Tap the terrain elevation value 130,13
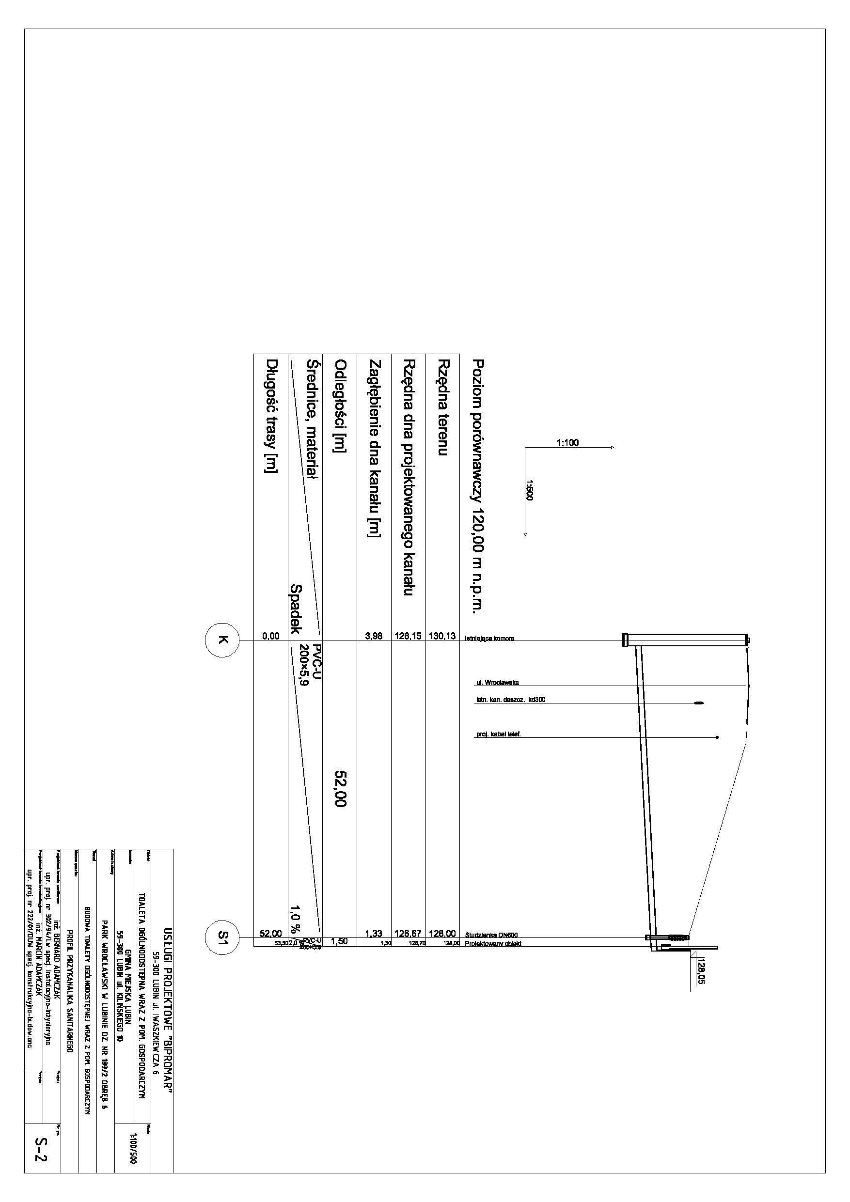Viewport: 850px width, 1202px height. click(442, 636)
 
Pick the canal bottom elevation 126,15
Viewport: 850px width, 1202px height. click(408, 636)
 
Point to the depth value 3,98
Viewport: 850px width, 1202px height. click(374, 636)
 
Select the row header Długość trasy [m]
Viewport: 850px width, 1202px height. click(271, 416)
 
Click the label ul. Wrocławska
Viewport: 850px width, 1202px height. click(497, 683)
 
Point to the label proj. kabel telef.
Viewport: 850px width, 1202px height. click(498, 734)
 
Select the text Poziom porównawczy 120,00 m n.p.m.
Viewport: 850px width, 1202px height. click(478, 485)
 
